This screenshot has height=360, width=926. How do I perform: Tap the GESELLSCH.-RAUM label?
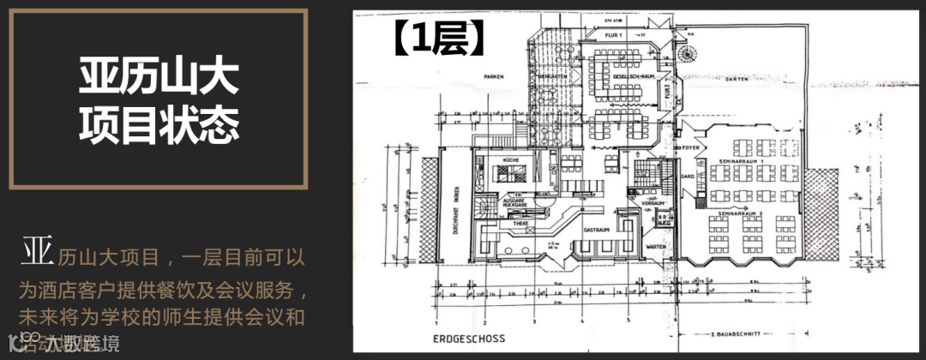622,86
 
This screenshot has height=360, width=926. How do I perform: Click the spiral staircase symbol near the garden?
688,53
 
